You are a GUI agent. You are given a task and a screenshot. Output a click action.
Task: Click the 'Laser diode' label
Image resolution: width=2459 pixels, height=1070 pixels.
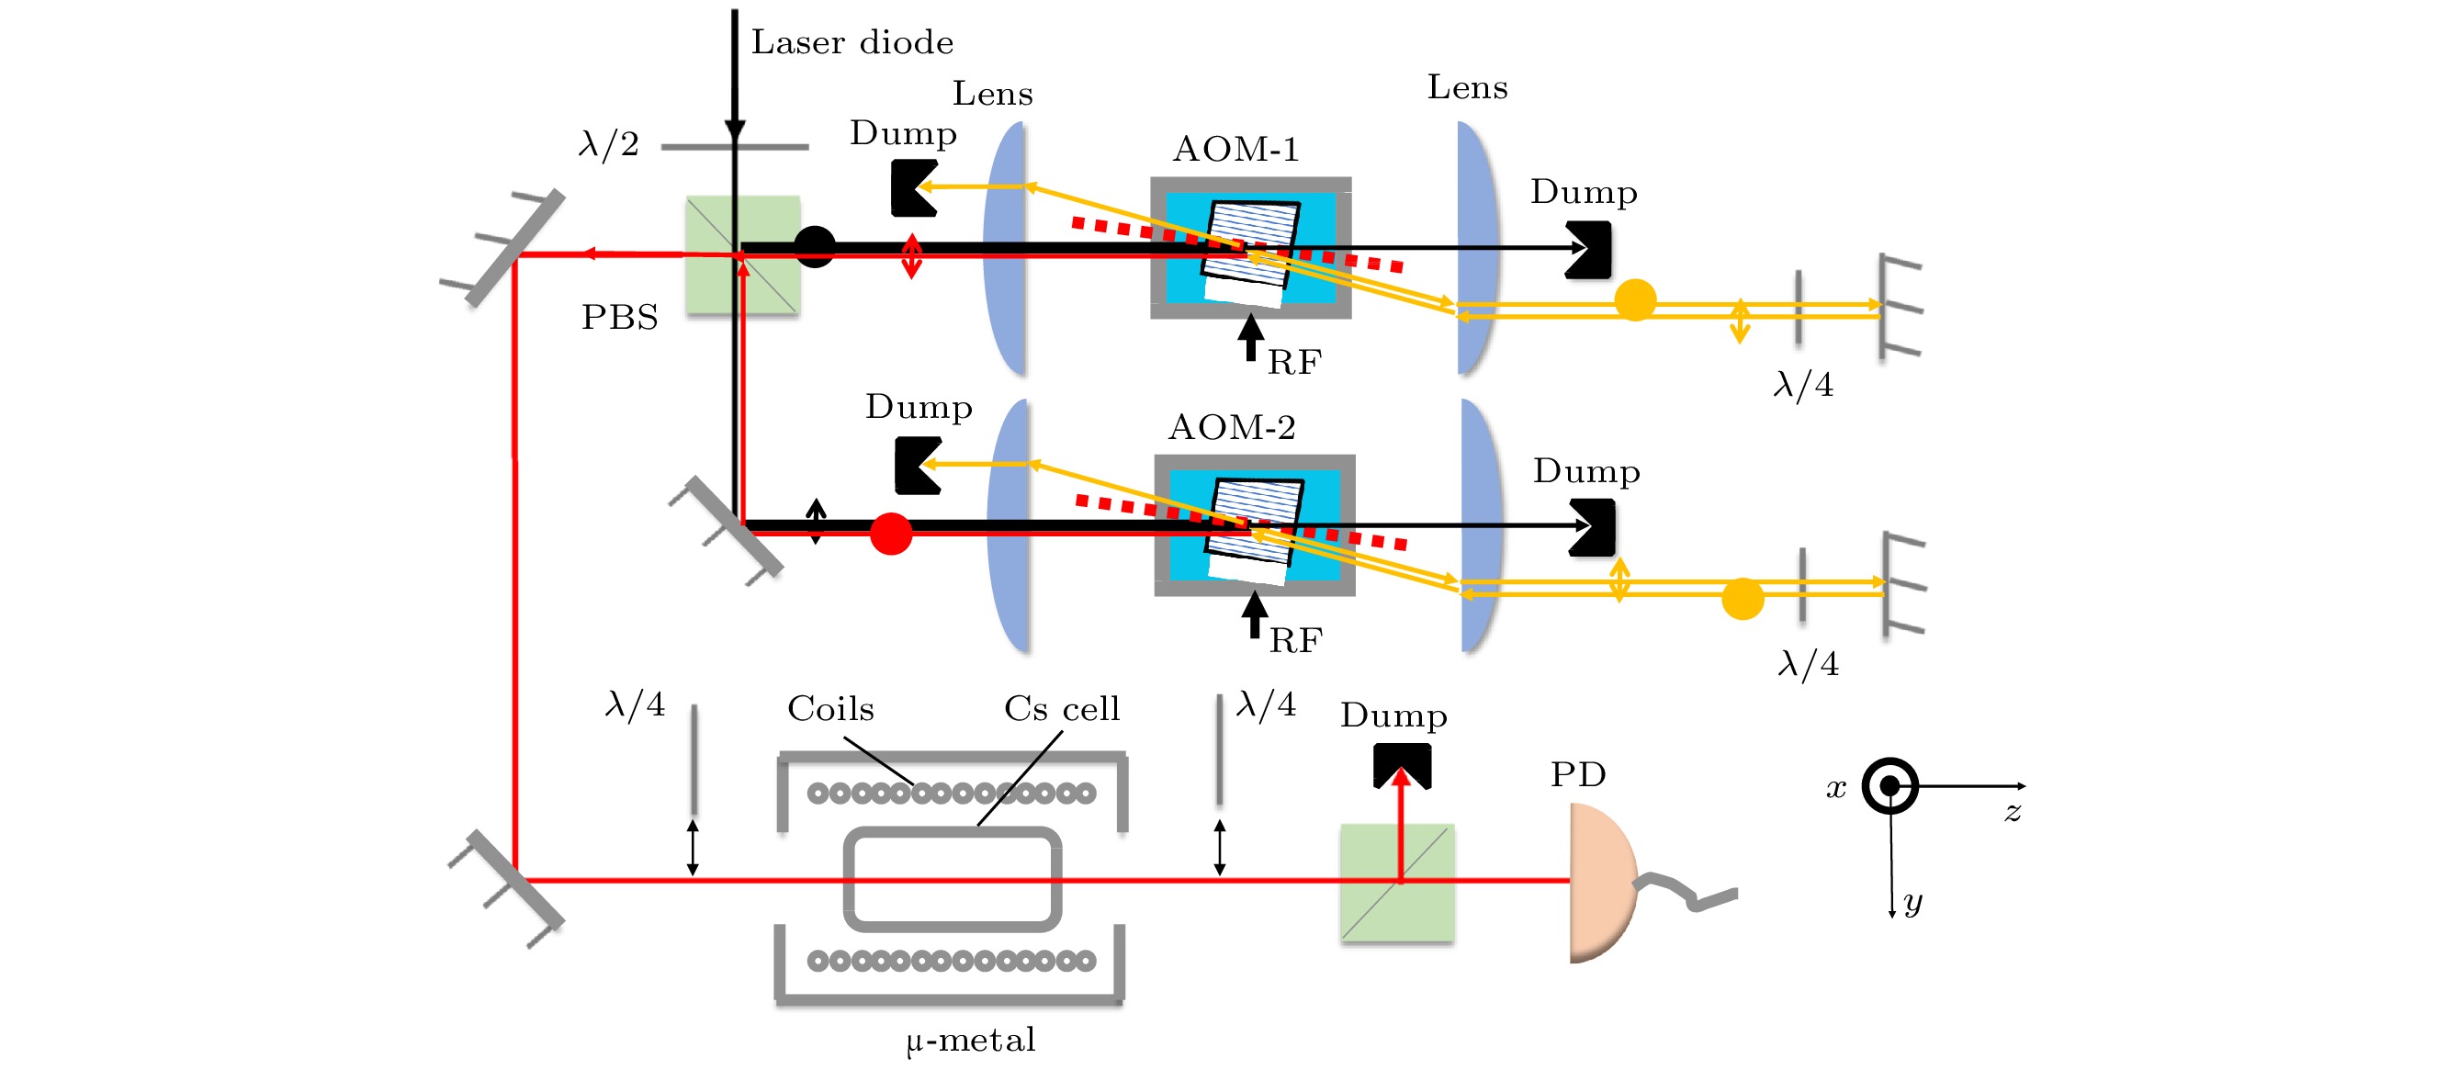point(852,42)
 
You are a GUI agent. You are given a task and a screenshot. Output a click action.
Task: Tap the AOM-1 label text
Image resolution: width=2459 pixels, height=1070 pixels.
point(1235,149)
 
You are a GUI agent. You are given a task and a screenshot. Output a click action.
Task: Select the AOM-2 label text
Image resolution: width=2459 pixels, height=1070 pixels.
point(1232,427)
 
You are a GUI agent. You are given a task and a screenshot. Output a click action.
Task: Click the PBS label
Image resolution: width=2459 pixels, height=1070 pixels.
point(619,317)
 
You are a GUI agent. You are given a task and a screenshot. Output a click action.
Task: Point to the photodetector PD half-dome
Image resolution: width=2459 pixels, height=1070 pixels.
point(1602,882)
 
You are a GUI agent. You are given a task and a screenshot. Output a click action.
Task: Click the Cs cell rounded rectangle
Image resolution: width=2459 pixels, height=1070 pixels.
point(953,878)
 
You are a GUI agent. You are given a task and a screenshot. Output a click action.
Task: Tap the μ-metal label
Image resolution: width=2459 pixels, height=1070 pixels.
point(970,1040)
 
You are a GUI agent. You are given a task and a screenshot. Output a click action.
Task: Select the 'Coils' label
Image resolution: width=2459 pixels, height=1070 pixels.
point(830,708)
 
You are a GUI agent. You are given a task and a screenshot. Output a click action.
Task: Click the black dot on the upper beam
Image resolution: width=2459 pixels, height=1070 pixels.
point(814,247)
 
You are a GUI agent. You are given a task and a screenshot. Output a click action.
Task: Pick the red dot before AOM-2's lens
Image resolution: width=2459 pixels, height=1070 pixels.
point(891,534)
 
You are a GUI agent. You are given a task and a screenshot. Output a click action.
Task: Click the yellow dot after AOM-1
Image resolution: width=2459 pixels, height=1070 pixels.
point(1634,299)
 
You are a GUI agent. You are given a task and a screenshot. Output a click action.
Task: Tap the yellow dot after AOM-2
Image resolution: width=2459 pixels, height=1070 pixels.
point(1743,599)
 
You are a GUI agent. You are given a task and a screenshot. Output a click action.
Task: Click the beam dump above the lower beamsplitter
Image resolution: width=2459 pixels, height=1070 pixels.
point(1402,764)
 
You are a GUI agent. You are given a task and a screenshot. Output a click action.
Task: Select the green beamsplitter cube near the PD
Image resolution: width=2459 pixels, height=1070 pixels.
point(1396,882)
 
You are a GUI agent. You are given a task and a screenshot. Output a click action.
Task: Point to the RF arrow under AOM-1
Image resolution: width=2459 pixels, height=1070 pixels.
point(1250,337)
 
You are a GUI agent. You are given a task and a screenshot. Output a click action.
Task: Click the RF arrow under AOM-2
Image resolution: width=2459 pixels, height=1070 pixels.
point(1255,614)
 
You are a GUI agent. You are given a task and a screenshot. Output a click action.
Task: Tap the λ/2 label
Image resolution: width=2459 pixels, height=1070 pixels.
point(608,144)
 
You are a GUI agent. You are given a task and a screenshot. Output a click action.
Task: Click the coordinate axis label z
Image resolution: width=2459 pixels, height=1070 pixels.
point(2013,812)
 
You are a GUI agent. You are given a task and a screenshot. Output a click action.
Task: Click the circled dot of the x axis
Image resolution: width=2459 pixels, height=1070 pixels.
point(1889,785)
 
